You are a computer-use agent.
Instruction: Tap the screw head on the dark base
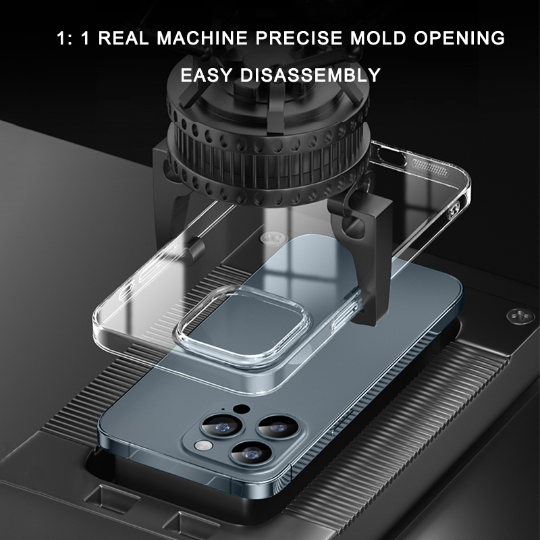click(x=520, y=315)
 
